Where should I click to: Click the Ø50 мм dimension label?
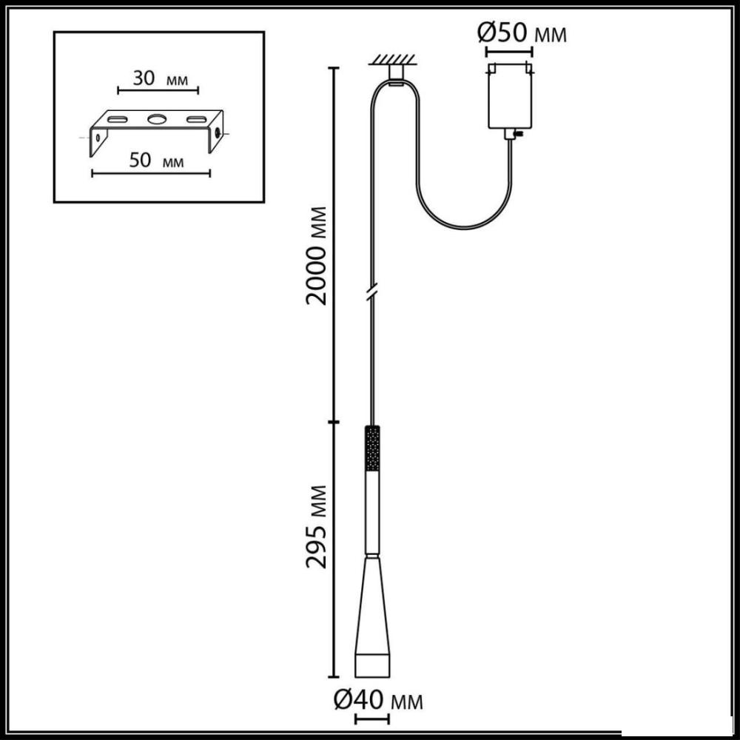522,33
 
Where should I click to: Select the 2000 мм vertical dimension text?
316,255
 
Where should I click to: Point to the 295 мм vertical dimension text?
316,525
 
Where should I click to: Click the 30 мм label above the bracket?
160,78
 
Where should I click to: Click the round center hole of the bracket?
157,119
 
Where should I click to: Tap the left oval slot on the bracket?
117,119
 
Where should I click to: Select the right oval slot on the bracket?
197,119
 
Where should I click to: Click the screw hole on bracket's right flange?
218,132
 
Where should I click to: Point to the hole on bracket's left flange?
98,138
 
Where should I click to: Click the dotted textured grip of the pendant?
373,448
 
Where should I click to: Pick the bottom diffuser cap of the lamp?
372,665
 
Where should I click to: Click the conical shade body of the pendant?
372,606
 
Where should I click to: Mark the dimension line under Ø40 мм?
372,720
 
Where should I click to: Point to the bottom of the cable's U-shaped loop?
465,227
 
